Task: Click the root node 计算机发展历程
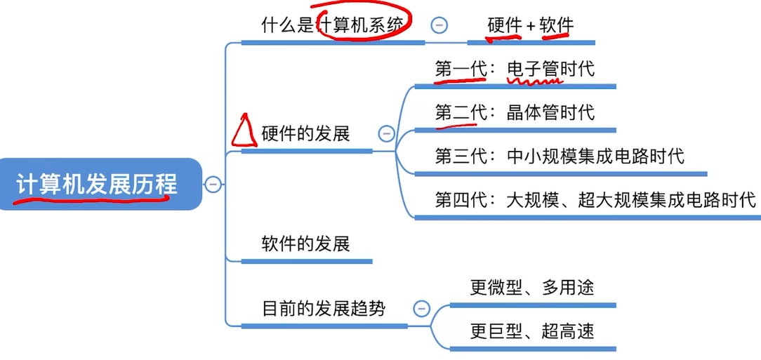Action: click(x=98, y=184)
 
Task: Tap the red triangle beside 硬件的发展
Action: click(x=242, y=131)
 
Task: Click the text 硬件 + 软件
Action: click(x=531, y=26)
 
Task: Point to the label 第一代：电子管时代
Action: click(x=515, y=69)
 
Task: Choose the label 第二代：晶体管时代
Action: click(x=515, y=112)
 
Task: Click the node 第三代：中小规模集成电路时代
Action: click(x=560, y=156)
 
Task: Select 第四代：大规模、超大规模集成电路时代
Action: click(x=595, y=200)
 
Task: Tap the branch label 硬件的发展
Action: click(x=305, y=133)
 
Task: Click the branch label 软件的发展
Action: click(x=305, y=244)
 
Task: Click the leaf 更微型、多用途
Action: click(x=532, y=287)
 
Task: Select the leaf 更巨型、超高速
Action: click(x=532, y=331)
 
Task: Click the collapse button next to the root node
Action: click(x=213, y=185)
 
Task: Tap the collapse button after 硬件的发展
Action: click(x=386, y=133)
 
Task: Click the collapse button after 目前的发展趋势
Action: click(x=421, y=308)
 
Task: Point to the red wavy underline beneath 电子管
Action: click(x=535, y=81)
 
